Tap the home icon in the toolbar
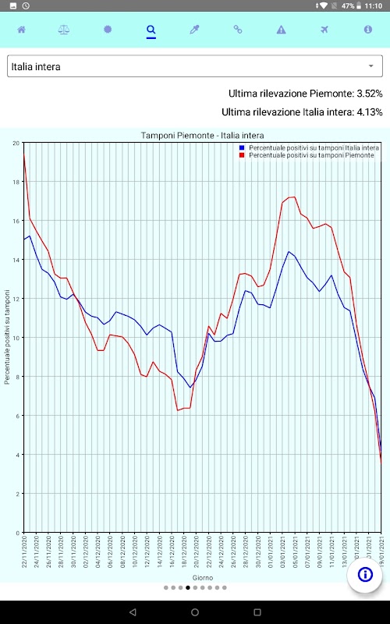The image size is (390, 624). (x=22, y=30)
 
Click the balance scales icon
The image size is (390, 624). (x=64, y=30)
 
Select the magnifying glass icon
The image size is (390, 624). (x=151, y=30)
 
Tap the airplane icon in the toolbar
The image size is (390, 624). (x=324, y=30)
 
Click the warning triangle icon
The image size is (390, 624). (x=282, y=30)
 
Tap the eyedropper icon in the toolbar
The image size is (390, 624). (x=194, y=30)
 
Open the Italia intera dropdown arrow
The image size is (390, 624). (x=371, y=66)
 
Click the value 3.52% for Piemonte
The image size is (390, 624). (x=369, y=94)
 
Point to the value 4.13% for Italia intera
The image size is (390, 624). (x=369, y=112)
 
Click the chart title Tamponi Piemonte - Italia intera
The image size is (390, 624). (x=203, y=135)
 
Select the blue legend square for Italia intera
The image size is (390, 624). (x=242, y=147)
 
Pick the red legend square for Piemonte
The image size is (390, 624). (x=242, y=154)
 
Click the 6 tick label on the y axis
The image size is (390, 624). (x=18, y=416)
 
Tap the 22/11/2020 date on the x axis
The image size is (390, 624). (x=25, y=551)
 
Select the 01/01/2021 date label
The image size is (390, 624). (x=271, y=551)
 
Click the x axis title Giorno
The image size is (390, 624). (x=203, y=577)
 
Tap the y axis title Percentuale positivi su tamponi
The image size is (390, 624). (x=7, y=337)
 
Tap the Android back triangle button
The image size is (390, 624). (x=133, y=612)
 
